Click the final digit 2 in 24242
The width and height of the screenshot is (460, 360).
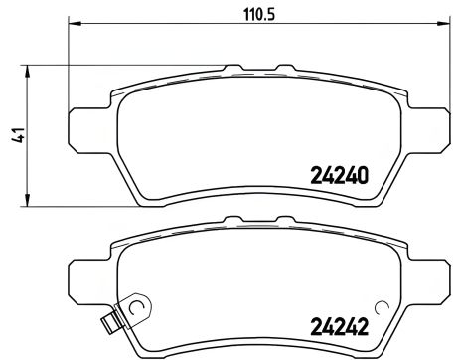click(x=363, y=323)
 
